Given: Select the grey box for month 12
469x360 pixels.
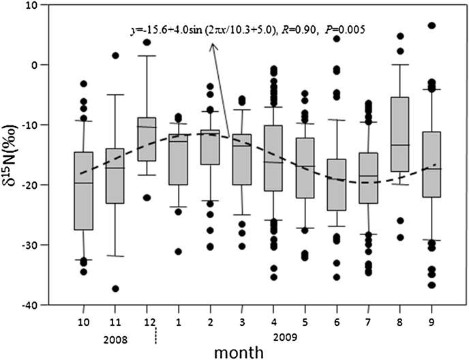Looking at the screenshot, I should point(147,139).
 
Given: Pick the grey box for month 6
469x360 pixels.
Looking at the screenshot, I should point(337,185).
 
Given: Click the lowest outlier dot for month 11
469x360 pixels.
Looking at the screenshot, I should point(116,288).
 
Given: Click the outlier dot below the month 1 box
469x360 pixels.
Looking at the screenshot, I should point(179,252).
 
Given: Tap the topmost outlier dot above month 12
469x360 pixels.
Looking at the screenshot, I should point(147,42).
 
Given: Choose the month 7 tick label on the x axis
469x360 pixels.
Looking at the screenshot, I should point(368,317).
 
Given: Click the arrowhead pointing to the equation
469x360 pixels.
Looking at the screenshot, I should point(212,46).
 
